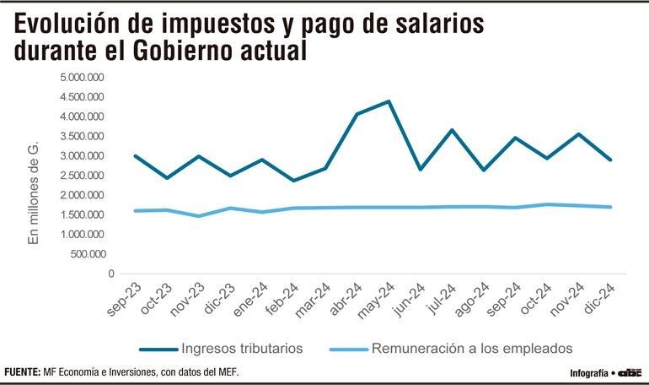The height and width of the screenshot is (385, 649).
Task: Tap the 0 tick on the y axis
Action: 110,274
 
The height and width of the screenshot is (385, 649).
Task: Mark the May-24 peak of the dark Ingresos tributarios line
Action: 388,101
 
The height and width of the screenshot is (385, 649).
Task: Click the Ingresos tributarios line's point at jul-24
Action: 452,130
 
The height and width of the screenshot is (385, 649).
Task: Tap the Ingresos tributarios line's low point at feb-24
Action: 293,181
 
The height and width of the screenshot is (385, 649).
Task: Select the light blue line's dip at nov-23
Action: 198,216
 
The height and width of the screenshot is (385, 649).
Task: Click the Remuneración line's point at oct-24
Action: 547,204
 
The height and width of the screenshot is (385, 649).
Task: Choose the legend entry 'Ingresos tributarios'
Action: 241,348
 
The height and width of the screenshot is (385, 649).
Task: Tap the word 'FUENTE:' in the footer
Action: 23,372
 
